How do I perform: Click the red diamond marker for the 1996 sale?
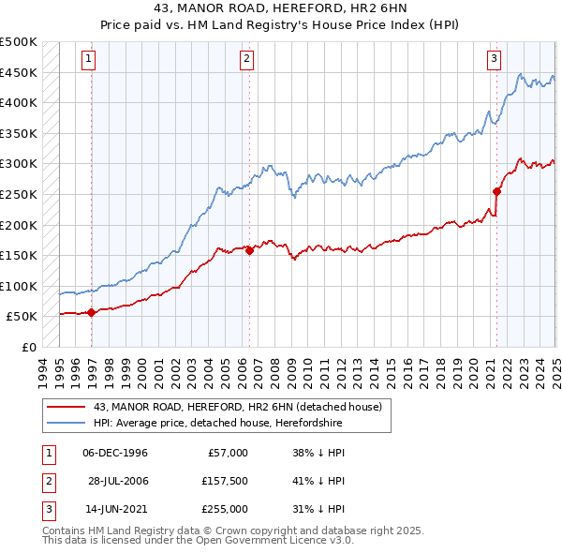click(91, 313)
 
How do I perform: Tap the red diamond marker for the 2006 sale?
click(249, 250)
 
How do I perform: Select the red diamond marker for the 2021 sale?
click(497, 191)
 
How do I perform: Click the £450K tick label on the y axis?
click(19, 72)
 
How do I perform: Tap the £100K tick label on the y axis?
click(19, 286)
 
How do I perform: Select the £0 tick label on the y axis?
click(27, 347)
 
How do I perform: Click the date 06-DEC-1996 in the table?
click(115, 453)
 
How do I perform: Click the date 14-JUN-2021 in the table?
click(115, 509)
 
